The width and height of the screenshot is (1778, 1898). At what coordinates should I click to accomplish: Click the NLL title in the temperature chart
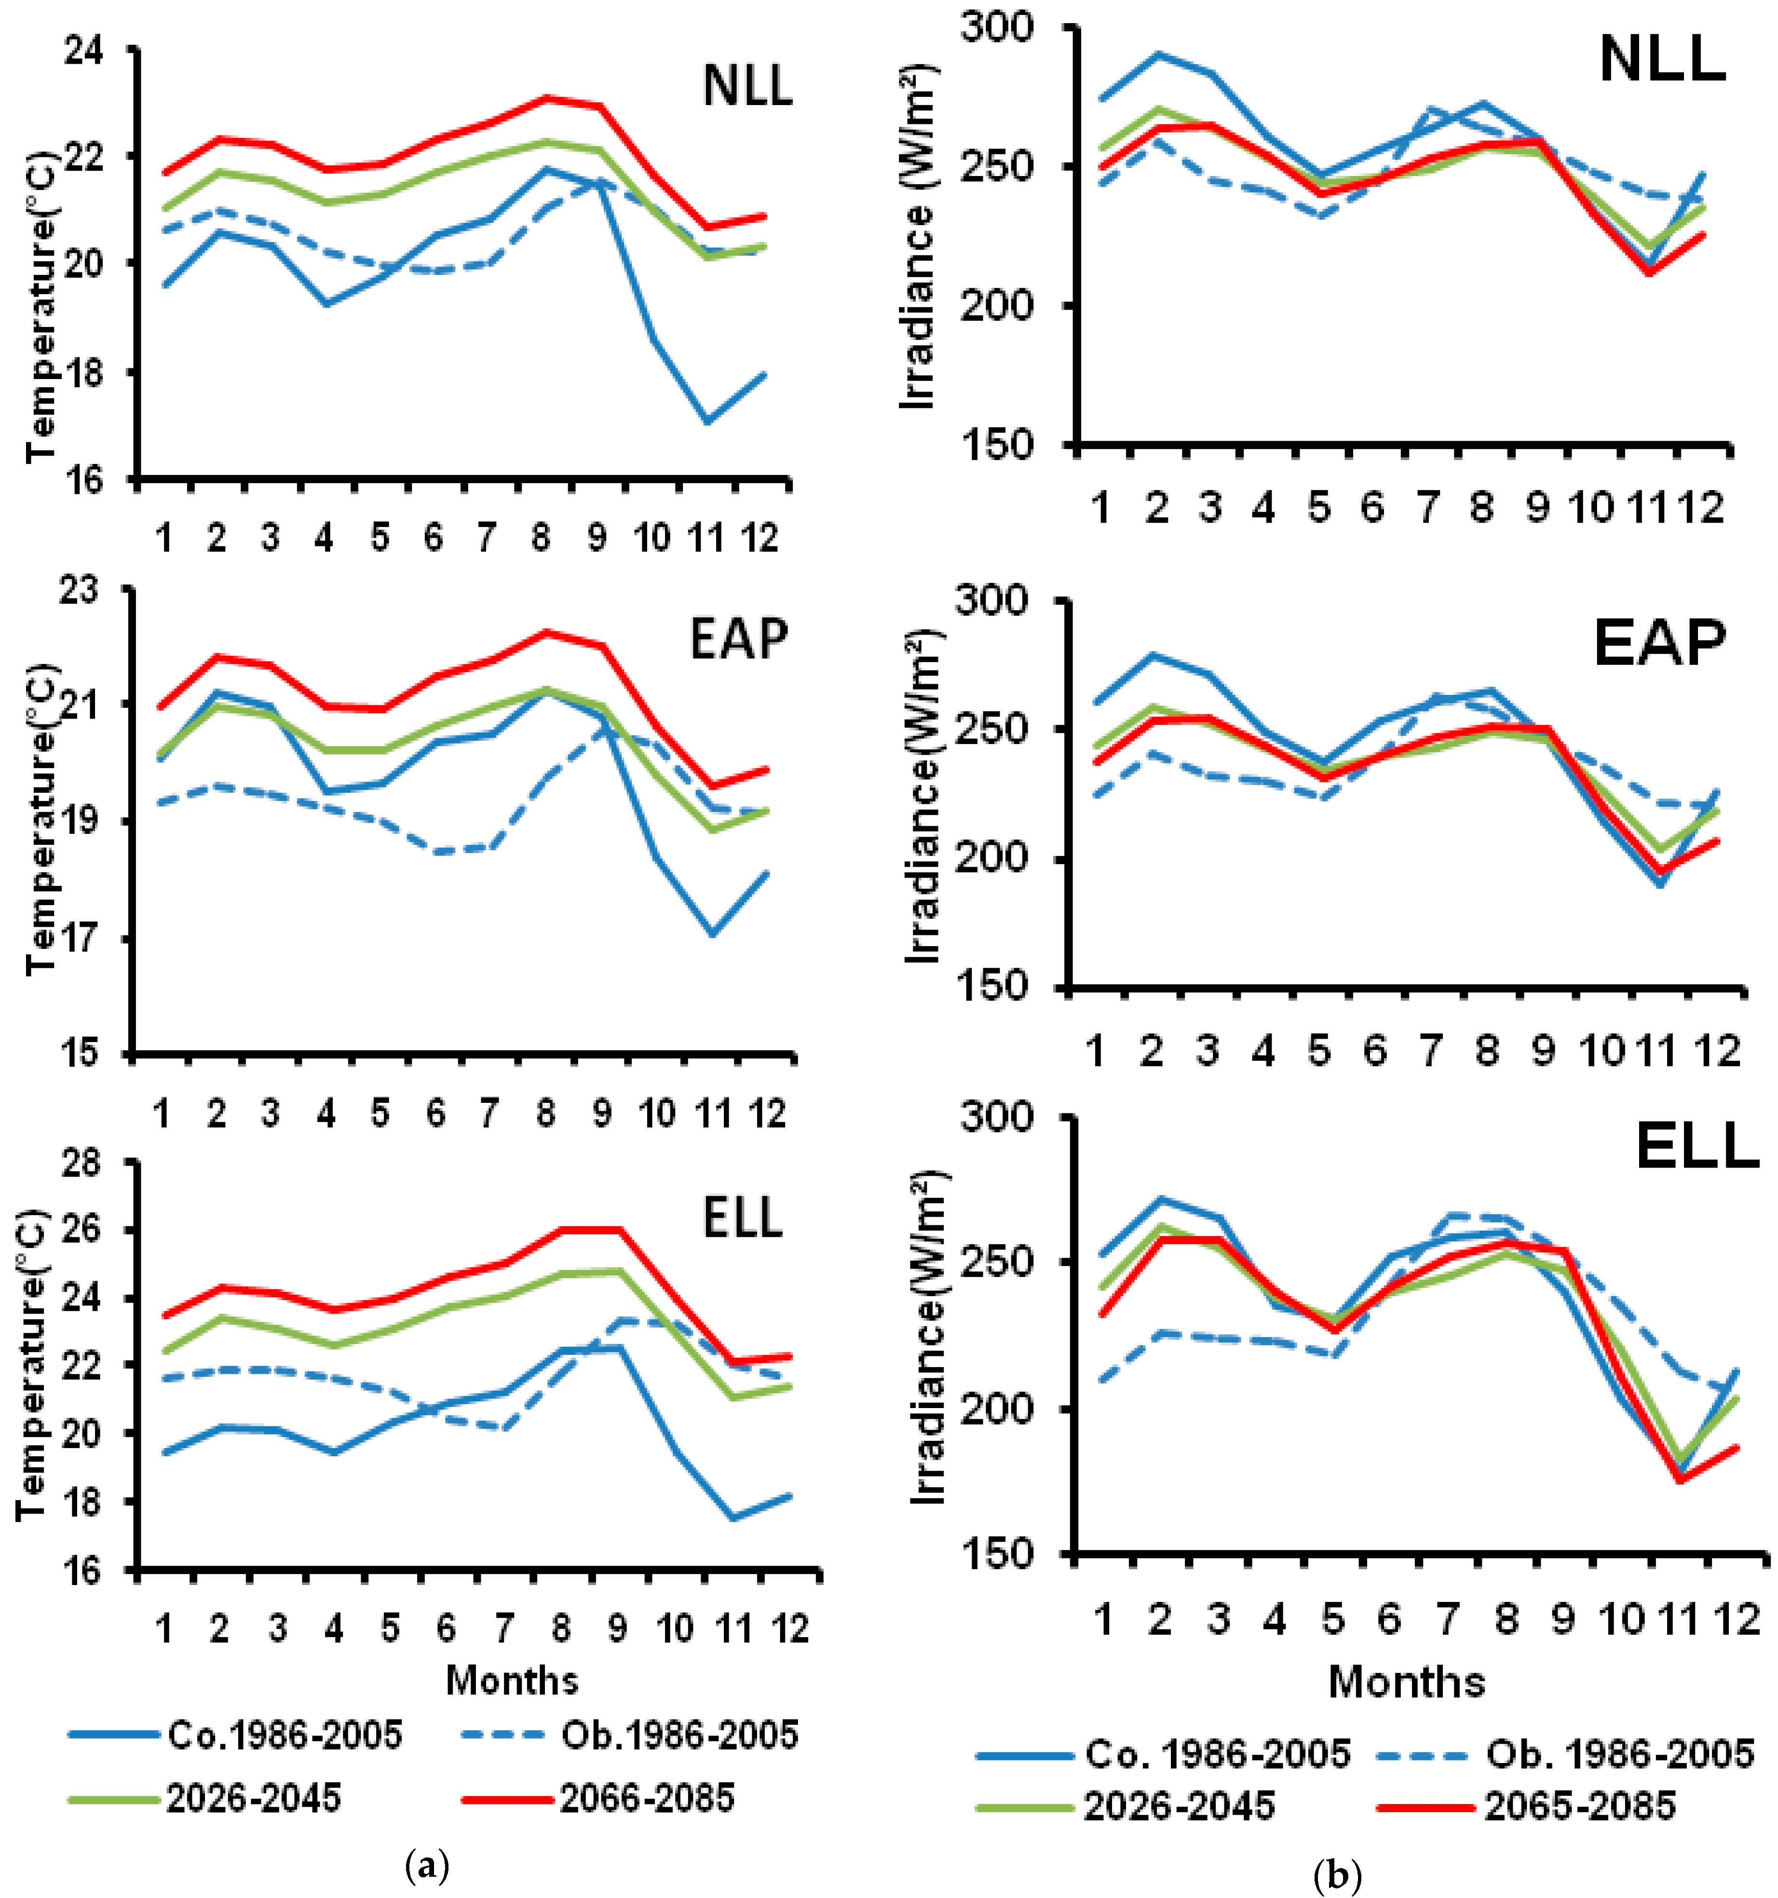(x=747, y=86)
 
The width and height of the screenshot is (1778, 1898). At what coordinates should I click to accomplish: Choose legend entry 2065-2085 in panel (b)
(x=1579, y=1806)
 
